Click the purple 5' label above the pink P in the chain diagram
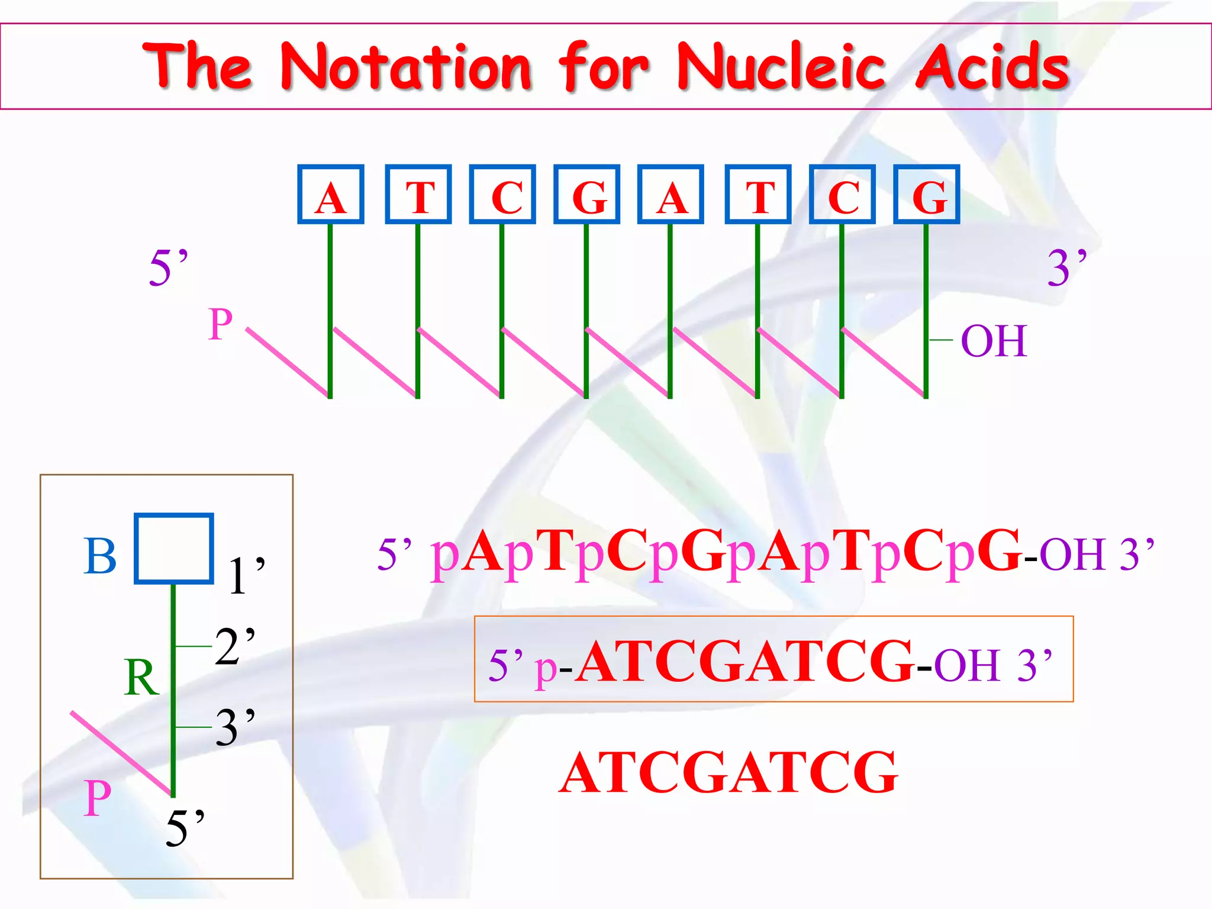tap(169, 267)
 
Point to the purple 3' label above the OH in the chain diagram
tap(1067, 267)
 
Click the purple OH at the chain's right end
tap(994, 341)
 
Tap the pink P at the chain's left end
tap(220, 324)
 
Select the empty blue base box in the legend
tap(174, 549)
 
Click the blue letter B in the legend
tap(100, 556)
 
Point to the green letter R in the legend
tap(141, 678)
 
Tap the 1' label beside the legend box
tap(246, 575)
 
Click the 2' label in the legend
tap(235, 646)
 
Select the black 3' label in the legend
tap(235, 727)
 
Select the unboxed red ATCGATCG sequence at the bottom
tap(729, 773)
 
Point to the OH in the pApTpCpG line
tap(1072, 555)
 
